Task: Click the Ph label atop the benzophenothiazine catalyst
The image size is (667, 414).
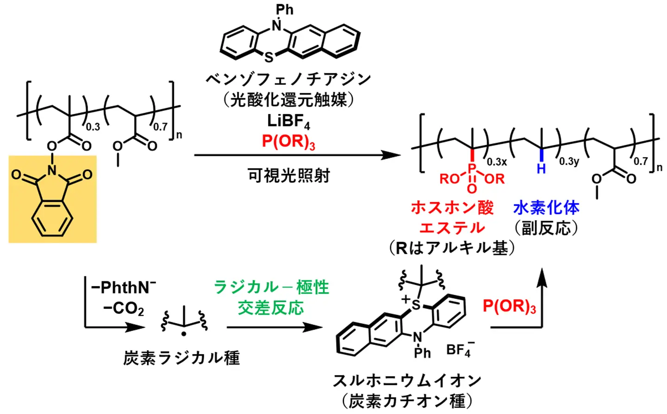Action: pos(284,9)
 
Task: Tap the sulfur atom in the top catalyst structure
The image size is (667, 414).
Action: pos(269,58)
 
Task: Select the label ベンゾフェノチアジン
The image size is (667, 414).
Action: pos(288,79)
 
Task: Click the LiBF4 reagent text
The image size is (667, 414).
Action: pos(288,121)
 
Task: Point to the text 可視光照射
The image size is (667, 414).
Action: pos(288,176)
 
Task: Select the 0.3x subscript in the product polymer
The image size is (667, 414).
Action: pos(497,162)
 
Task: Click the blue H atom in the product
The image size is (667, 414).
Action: pos(541,169)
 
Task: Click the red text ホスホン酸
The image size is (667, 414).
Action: pos(452,207)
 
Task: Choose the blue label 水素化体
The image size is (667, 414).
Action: pos(546,207)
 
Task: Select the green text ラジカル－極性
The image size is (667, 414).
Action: pos(271,287)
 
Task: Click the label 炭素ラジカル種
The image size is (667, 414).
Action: pos(182,358)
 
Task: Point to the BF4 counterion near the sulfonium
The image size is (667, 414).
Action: pos(459,349)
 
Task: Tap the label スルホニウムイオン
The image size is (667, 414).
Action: pos(407,381)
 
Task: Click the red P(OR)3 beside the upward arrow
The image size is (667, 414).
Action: pos(509,306)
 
